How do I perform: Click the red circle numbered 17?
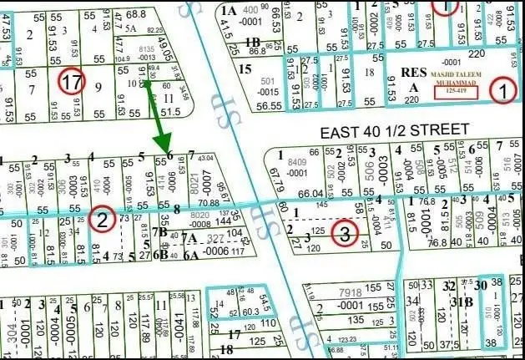coord(73,82)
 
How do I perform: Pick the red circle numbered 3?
coord(345,233)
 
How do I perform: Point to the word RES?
coord(412,72)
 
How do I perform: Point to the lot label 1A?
coord(230,10)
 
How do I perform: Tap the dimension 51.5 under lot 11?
coord(170,111)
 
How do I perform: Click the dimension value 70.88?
coord(209,203)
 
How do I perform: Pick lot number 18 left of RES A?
coord(368,74)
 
